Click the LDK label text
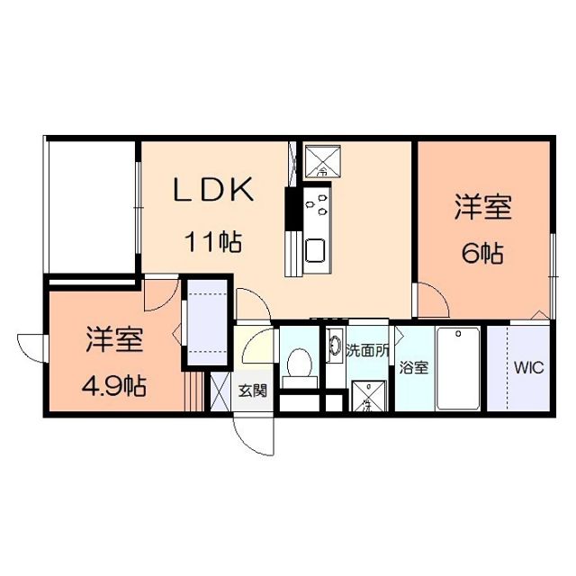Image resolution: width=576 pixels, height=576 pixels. [x=216, y=191]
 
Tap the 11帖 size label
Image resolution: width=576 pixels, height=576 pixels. [x=212, y=241]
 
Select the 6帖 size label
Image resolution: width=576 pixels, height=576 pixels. [x=481, y=254]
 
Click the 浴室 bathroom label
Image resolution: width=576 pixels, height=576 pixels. [x=413, y=367]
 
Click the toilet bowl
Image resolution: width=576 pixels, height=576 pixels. [x=297, y=365]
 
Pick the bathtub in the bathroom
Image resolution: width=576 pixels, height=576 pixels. [x=461, y=368]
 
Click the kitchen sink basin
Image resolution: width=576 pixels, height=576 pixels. [x=317, y=249]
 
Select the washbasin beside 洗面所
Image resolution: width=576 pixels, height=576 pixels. [x=334, y=346]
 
